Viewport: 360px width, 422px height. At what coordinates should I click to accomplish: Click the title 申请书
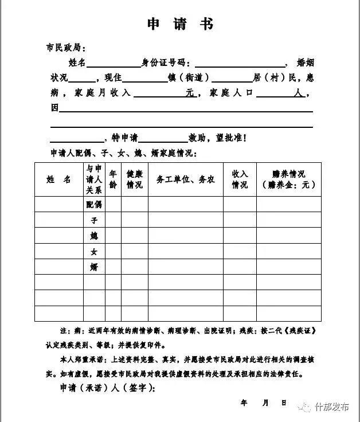pos(180,24)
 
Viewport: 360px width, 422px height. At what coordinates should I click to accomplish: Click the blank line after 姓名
pos(113,63)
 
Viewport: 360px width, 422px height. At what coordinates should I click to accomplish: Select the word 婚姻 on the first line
pos(305,62)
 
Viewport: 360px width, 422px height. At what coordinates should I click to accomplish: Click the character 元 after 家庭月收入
pos(190,92)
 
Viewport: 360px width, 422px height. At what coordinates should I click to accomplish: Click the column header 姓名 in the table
pos(58,179)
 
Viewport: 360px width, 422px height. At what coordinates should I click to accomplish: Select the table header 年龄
pos(113,179)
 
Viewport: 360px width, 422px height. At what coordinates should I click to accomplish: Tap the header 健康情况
pos(134,179)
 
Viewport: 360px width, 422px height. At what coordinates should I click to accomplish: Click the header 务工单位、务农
pos(186,179)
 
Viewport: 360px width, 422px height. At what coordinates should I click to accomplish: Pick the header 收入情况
pos(240,179)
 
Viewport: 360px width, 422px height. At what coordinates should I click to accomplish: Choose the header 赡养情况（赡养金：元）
pos(288,179)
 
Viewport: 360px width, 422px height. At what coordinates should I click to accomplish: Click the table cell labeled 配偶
pos(94,205)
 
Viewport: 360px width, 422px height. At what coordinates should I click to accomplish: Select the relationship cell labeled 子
pos(94,220)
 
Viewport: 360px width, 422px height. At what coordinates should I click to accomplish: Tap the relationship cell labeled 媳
pos(94,236)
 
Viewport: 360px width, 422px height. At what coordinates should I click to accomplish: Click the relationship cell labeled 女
pos(94,251)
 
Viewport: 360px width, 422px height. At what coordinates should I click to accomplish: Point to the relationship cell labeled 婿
pos(94,267)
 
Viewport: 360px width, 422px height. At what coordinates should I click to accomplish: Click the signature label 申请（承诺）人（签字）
pos(107,388)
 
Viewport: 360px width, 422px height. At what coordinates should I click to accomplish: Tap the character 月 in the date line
pos(265,403)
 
